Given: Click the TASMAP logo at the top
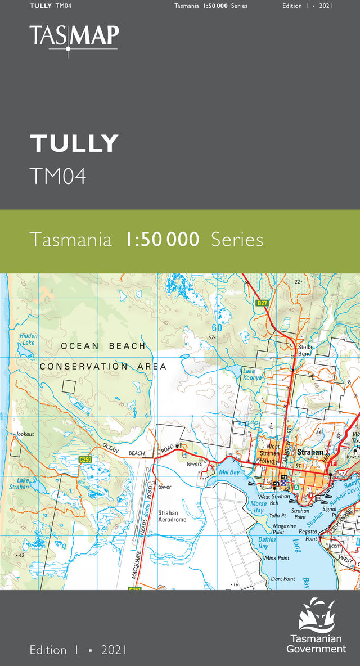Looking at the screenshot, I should click(x=74, y=37).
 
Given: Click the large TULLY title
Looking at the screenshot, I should click(x=74, y=144).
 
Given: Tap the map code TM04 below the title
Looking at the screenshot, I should click(x=58, y=176).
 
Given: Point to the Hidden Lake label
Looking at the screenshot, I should click(x=28, y=339).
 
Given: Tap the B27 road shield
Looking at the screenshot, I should click(x=261, y=303).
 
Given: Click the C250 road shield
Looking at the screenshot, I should click(x=85, y=460).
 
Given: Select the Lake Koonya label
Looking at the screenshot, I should click(x=252, y=375).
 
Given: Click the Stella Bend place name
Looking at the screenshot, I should click(x=305, y=350).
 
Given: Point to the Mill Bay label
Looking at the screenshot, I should click(x=229, y=472).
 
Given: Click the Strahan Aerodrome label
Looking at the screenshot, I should click(x=172, y=516).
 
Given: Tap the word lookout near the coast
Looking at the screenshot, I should click(x=25, y=434).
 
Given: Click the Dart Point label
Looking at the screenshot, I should click(x=282, y=579).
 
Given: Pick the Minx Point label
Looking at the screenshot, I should click(x=277, y=558).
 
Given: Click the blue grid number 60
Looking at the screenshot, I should click(x=217, y=328).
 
